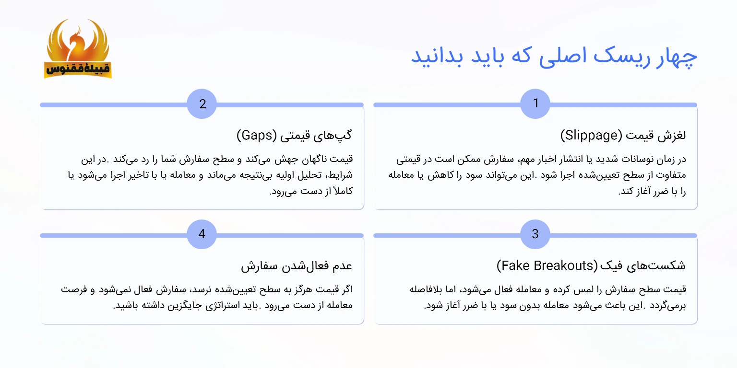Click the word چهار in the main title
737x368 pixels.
pos(677,56)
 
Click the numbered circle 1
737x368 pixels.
pos(535,103)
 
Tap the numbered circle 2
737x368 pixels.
pos(202,103)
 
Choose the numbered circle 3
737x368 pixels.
pos(535,234)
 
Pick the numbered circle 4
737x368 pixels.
pos(202,234)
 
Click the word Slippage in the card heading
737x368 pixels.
pos(591,136)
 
